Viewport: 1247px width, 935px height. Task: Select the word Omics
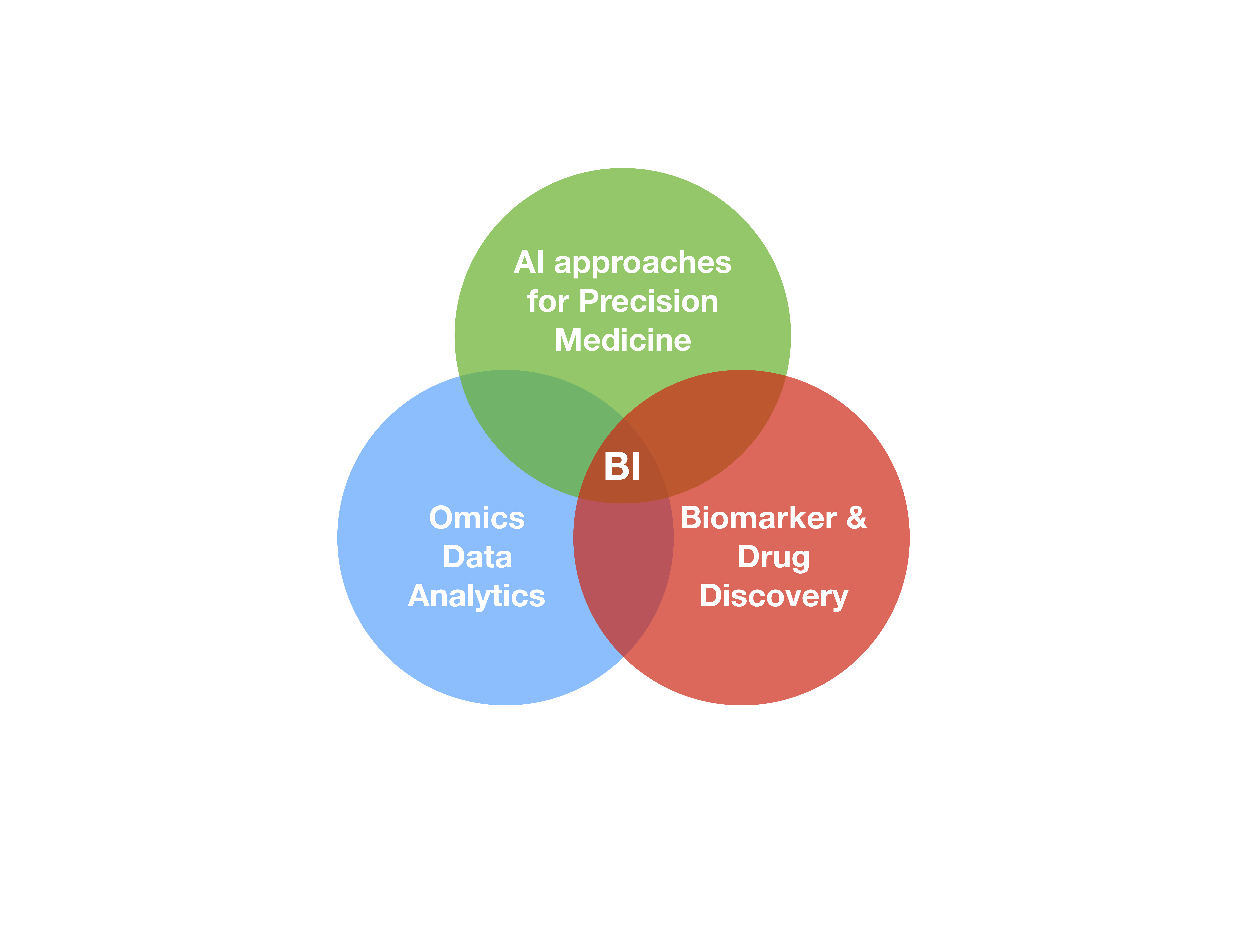pyautogui.click(x=477, y=518)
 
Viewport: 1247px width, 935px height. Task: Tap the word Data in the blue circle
pyautogui.click(x=477, y=557)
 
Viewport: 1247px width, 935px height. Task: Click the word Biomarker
pyautogui.click(x=758, y=518)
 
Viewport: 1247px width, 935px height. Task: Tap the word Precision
pyautogui.click(x=649, y=302)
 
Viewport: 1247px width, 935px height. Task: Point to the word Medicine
pyautogui.click(x=623, y=340)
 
